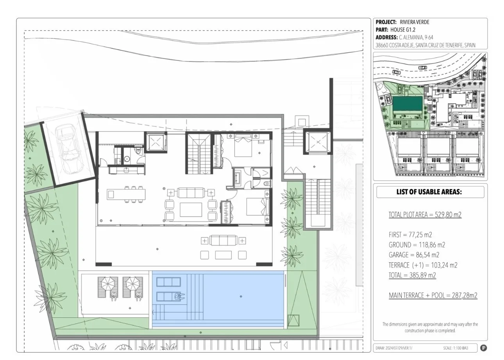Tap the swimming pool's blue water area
click(x=218, y=299)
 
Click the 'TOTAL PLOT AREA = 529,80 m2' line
click(x=425, y=215)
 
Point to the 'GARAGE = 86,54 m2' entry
click(x=414, y=255)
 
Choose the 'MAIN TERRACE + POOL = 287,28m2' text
click(x=433, y=295)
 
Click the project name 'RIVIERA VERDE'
click(x=414, y=22)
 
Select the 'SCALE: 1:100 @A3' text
click(x=456, y=348)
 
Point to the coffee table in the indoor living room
click(x=191, y=210)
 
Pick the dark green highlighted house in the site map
click(x=407, y=105)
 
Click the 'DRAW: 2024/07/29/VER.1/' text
click(x=394, y=348)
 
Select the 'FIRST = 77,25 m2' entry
click(x=410, y=235)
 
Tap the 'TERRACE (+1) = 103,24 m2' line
click(x=423, y=265)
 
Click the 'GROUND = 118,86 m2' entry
click(x=417, y=245)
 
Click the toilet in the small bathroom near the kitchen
click(x=138, y=150)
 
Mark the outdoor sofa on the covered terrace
click(x=223, y=240)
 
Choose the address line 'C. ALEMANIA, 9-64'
click(x=416, y=38)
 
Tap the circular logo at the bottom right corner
click(x=484, y=348)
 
